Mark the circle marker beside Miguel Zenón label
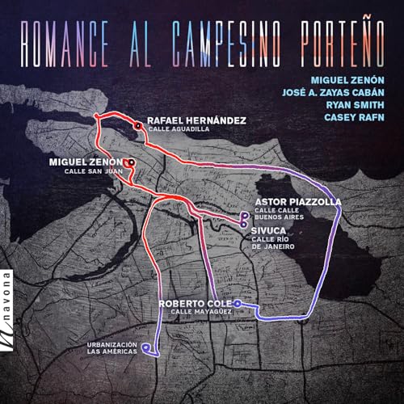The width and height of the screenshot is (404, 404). coord(131,162)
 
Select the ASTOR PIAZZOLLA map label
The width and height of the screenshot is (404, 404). coord(297,201)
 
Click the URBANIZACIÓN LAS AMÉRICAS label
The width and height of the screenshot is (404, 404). coord(113,350)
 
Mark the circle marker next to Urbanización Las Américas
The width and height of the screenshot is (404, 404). coord(145,349)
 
